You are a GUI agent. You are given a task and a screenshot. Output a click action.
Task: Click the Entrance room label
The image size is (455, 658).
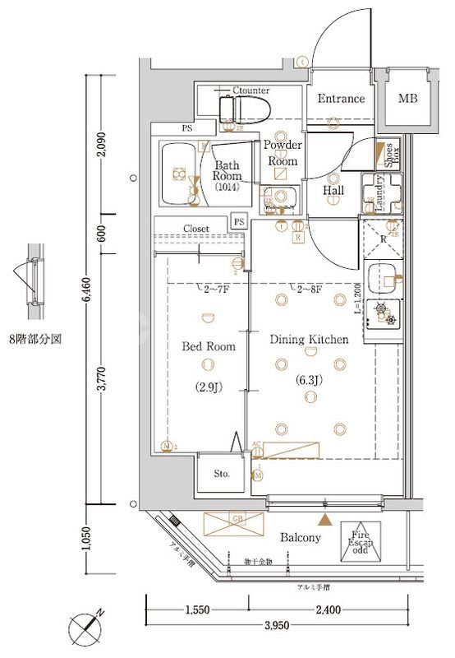point(341,99)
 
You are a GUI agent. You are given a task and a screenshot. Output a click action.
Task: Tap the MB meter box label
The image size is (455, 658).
point(407,99)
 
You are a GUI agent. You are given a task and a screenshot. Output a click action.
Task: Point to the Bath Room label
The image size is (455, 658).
point(227,170)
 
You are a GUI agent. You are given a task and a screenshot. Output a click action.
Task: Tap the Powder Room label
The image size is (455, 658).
point(283,153)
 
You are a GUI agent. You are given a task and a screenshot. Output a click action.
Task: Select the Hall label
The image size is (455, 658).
point(333,191)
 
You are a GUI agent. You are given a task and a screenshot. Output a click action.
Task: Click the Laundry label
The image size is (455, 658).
point(380,192)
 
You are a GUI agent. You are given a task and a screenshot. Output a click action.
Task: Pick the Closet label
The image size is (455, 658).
point(195,229)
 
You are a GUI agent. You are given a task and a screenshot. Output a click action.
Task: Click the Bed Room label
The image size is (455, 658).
point(208,346)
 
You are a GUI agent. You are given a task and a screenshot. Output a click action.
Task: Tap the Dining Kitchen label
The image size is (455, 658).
point(310,339)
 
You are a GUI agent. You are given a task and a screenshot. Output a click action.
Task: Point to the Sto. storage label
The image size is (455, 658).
point(222,475)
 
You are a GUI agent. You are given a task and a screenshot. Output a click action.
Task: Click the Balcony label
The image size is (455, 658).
point(300,537)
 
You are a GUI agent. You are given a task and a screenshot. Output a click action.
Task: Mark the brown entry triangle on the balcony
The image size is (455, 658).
point(327,520)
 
